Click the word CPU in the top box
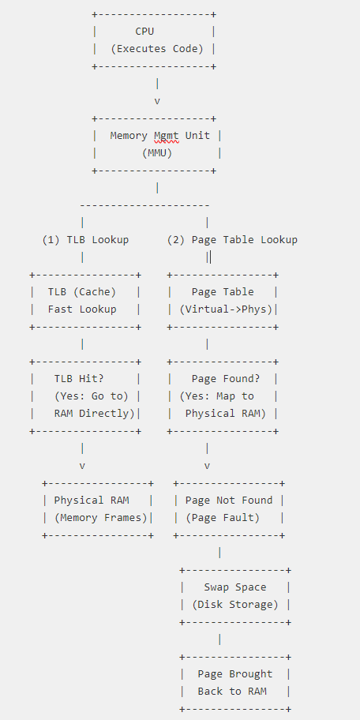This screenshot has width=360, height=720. point(145,32)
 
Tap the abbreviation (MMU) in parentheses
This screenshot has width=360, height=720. point(157,153)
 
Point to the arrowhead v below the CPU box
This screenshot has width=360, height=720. point(157,101)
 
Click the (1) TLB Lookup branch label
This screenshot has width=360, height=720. point(85,240)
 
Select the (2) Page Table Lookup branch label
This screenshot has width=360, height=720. point(232,240)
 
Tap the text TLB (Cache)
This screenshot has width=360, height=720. point(82,292)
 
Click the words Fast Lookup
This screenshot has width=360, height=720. point(82,309)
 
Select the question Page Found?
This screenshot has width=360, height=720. point(226,379)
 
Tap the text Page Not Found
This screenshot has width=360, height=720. point(229,501)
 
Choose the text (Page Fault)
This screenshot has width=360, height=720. point(223,518)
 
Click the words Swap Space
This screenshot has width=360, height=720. point(235,587)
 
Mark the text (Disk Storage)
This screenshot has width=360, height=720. point(235,605)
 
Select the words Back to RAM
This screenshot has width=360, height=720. point(232,692)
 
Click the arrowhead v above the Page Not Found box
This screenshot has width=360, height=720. point(207,466)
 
